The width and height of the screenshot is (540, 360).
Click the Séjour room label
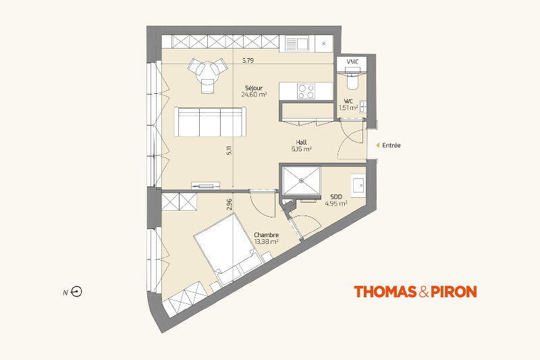coord(254,88)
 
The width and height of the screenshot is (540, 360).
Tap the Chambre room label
coord(266,235)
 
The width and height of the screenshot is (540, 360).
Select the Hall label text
coord(301,142)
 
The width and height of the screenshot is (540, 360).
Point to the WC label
coord(348,101)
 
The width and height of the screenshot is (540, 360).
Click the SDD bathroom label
coord(336,197)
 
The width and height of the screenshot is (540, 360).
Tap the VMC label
coord(352,61)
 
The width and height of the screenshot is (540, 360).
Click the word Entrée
coord(391,145)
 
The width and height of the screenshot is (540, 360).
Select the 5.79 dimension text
coord(248,60)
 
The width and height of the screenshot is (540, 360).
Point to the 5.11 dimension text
coord(230,150)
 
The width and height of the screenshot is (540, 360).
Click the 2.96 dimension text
coord(230,204)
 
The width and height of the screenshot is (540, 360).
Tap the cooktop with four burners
coord(306,91)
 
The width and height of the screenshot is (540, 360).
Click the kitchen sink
coord(296,44)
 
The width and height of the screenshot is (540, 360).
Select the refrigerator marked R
coord(324,43)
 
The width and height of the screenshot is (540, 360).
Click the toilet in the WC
coord(352,78)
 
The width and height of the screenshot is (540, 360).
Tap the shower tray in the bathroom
coord(302,180)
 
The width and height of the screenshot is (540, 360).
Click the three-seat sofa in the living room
coord(210,122)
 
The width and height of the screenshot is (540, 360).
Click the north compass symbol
coord(76,292)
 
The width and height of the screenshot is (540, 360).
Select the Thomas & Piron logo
coord(415,292)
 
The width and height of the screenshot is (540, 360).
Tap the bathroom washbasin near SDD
coord(358,185)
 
